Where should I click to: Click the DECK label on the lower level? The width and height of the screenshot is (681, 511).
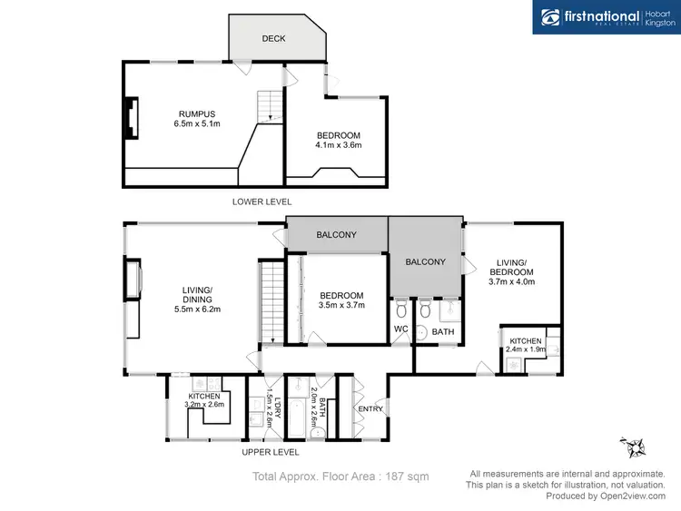click(x=273, y=39)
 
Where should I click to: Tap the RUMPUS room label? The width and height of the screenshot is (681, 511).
click(x=197, y=113)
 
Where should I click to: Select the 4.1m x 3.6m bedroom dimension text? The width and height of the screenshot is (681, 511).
click(x=337, y=145)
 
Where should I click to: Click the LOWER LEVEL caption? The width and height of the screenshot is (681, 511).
click(x=262, y=201)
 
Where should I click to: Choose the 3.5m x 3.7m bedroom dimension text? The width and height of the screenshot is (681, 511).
click(x=341, y=306)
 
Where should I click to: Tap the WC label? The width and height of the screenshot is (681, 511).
click(x=400, y=329)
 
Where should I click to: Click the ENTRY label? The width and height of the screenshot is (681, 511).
click(x=370, y=409)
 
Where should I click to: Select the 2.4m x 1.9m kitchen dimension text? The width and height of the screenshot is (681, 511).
click(x=527, y=347)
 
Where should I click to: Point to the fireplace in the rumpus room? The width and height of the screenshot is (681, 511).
click(x=133, y=117)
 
